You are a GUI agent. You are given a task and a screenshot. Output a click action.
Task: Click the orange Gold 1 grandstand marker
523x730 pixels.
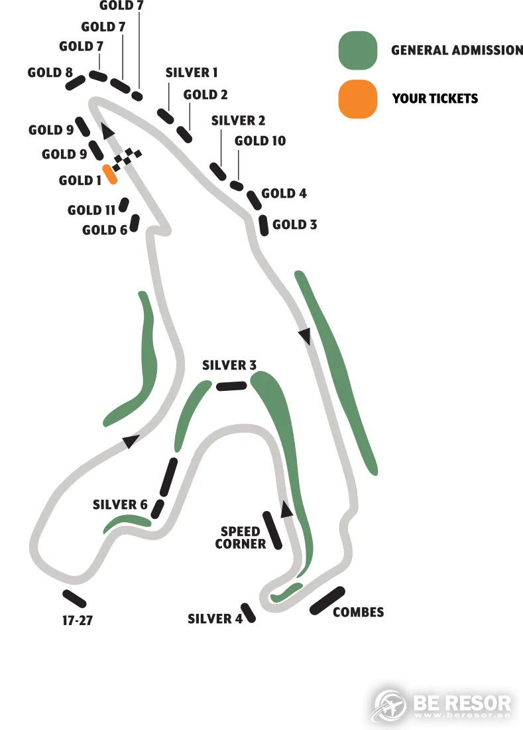coord(110,174)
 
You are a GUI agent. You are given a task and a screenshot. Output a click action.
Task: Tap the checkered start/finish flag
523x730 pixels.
coord(127,159)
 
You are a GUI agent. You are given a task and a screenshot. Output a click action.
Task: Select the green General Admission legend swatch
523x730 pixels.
coord(357,50)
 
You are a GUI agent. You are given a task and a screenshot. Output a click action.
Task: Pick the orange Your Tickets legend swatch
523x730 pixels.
coord(357,99)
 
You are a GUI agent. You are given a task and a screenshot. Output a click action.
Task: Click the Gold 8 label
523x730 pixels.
coord(50,72)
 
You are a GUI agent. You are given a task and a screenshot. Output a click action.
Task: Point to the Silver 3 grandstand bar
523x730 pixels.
coord(231,386)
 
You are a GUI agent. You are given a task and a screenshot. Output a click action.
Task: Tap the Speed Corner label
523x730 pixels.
coord(241,538)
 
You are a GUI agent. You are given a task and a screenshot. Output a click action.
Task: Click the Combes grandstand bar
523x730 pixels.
coord(327,601)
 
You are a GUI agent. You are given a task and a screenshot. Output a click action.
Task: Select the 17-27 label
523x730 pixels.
coord(77,620)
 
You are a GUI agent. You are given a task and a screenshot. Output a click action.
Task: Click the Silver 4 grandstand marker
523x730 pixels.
coord(248,613)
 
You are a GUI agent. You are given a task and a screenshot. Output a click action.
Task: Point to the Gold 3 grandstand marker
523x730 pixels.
coord(264,225)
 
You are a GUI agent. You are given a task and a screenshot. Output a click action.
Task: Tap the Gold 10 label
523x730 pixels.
coord(260,141)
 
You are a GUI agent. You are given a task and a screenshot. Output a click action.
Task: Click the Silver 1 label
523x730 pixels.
coord(192,72)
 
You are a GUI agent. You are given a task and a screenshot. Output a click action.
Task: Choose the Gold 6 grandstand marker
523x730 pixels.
coord(135,223)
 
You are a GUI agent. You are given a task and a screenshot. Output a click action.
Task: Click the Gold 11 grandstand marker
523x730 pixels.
coord(124,205)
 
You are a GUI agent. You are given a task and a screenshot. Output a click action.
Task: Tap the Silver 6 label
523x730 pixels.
coord(120,504)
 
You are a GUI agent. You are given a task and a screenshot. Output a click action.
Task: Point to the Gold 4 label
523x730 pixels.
coord(284,193)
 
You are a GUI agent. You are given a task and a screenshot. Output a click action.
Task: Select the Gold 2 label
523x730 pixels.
coord(205,95)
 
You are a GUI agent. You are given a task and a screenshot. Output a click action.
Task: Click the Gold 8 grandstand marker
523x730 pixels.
coord(76,82)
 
